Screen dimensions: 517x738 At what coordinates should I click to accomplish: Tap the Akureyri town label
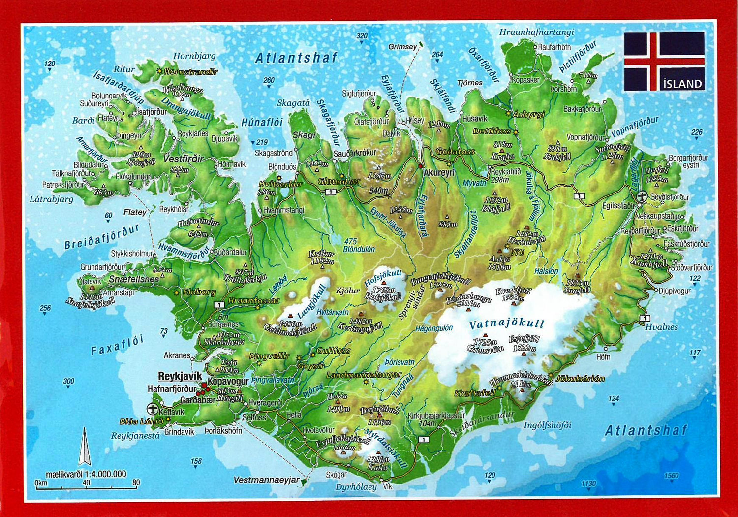pyautogui.click(x=439, y=173)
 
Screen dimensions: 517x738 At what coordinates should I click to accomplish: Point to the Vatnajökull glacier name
pyautogui.click(x=507, y=324)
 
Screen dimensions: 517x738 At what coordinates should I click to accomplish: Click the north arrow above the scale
pyautogui.click(x=85, y=447)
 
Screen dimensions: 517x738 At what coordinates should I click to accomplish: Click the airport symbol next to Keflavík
pyautogui.click(x=153, y=409)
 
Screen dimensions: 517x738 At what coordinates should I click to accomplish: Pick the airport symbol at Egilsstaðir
pyautogui.click(x=642, y=197)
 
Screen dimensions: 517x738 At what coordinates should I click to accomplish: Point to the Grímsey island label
pyautogui.click(x=402, y=47)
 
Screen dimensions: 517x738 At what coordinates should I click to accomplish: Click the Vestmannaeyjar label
pyautogui.click(x=266, y=480)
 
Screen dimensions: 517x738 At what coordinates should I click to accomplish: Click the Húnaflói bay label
pyautogui.click(x=262, y=122)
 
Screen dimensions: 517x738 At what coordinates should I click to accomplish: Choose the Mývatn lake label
pyautogui.click(x=474, y=183)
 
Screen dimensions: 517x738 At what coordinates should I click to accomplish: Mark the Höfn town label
pyautogui.click(x=603, y=357)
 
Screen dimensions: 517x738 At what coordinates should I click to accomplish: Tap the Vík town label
pyautogui.click(x=388, y=486)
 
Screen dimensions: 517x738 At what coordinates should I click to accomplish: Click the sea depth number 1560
pyautogui.click(x=671, y=476)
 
